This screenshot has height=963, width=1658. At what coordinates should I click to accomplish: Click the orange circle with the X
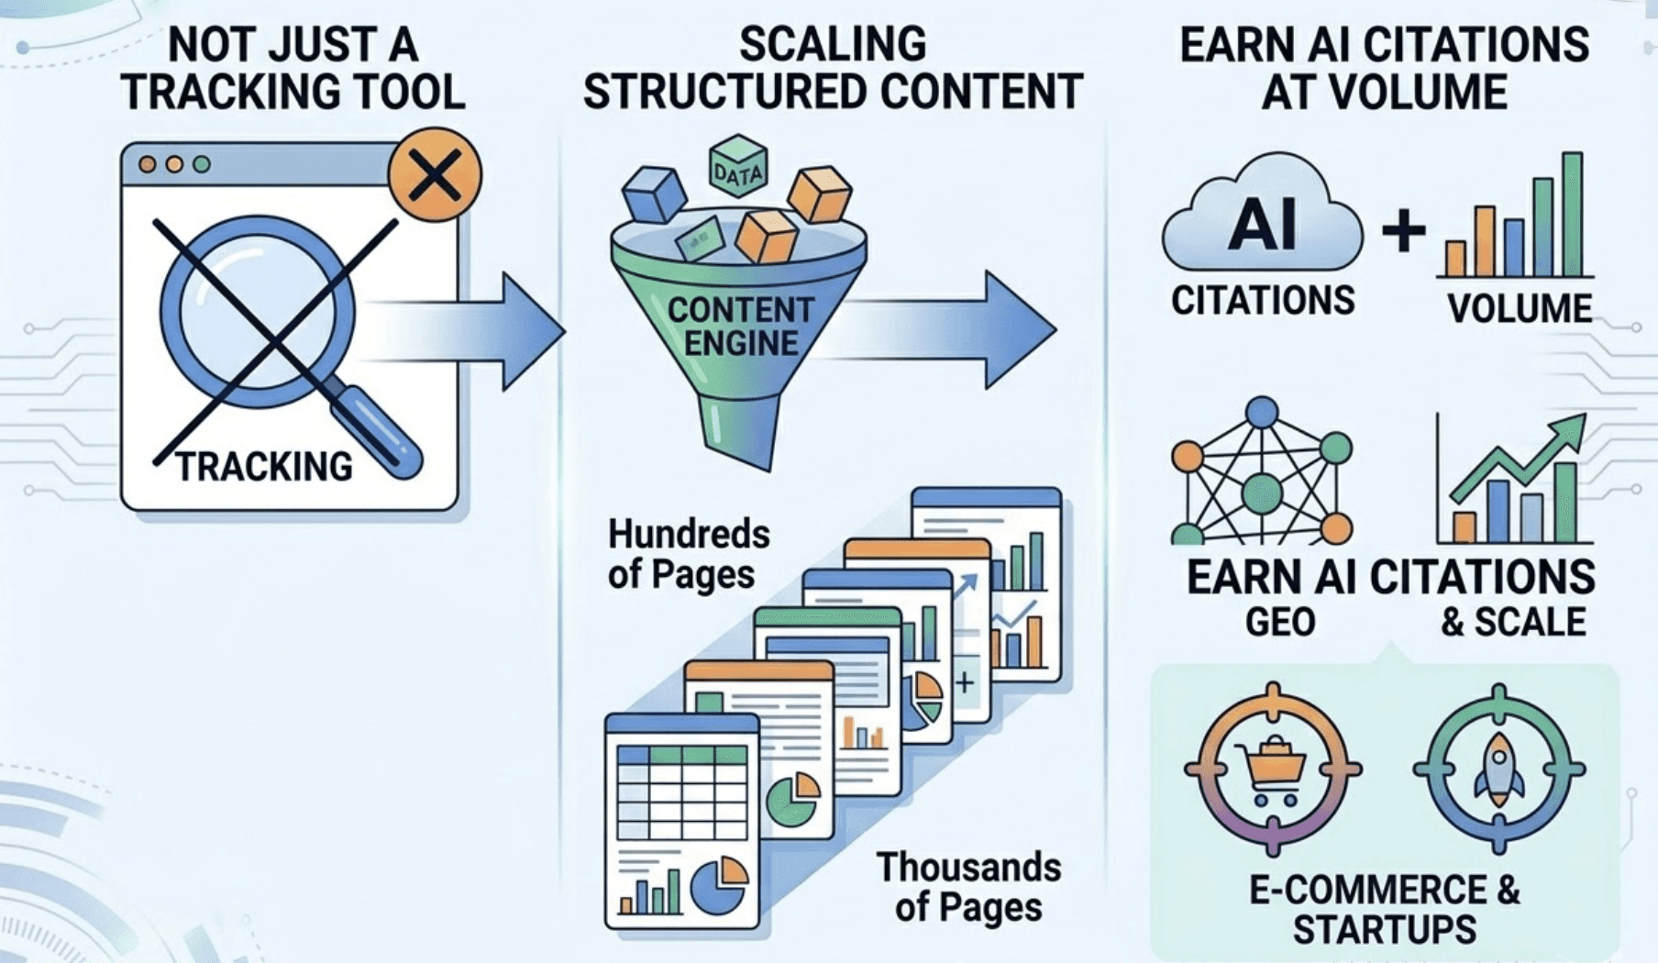coord(434,175)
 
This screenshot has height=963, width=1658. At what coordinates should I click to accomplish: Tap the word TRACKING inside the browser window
coord(264,467)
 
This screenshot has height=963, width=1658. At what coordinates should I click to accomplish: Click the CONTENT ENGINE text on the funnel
coord(740,327)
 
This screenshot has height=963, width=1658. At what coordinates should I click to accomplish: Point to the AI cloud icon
coord(1262,220)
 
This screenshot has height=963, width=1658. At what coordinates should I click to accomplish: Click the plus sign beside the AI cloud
coord(1403,230)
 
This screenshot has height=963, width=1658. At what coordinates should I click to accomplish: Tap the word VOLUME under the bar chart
coord(1520,309)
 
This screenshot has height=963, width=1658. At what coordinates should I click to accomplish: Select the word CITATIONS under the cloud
coord(1263,301)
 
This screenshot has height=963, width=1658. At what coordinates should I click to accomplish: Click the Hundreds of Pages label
coord(689,554)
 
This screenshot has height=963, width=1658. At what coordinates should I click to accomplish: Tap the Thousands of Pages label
coord(968,887)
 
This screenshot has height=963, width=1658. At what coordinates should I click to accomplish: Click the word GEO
coord(1280,623)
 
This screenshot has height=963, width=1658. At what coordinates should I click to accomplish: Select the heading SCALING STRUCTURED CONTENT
coord(833,69)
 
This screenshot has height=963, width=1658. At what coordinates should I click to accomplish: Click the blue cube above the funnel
coord(654,194)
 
